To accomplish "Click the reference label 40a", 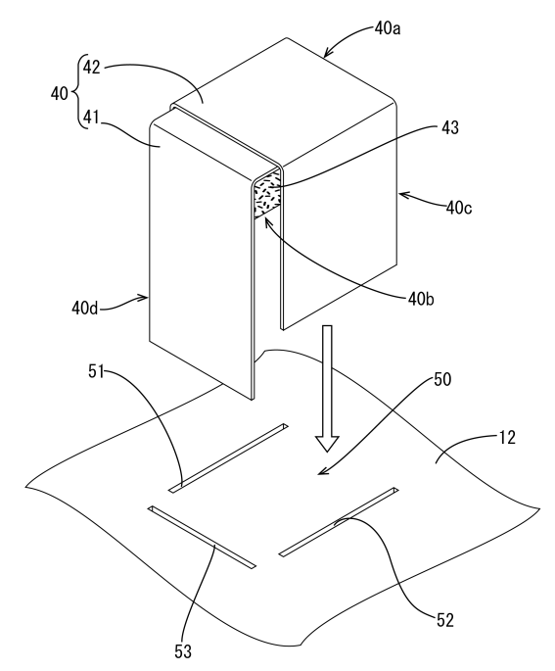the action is pos(388,28).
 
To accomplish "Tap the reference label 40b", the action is pos(421,299).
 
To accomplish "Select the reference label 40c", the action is pos(459,208).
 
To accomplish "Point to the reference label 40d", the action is pos(84,308).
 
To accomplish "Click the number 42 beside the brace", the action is pos(91,68).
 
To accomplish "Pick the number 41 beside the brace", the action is pos(91,118).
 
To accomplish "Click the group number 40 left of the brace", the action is pos(60,93).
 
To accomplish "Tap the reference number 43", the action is pos(449,127).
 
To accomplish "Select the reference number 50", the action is pos(442,379).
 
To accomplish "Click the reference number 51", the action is pos(96,371).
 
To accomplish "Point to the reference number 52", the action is pos(445,620).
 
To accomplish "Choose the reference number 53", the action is pos(183,651).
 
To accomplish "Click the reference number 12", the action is pos(507,438).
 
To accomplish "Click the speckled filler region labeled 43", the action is pos(267,194).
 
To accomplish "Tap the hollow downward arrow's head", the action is pos(327,444).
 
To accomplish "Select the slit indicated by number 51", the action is pos(228,457).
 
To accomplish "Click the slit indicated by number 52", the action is pos(339,522).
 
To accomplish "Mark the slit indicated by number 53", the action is pos(202,538).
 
